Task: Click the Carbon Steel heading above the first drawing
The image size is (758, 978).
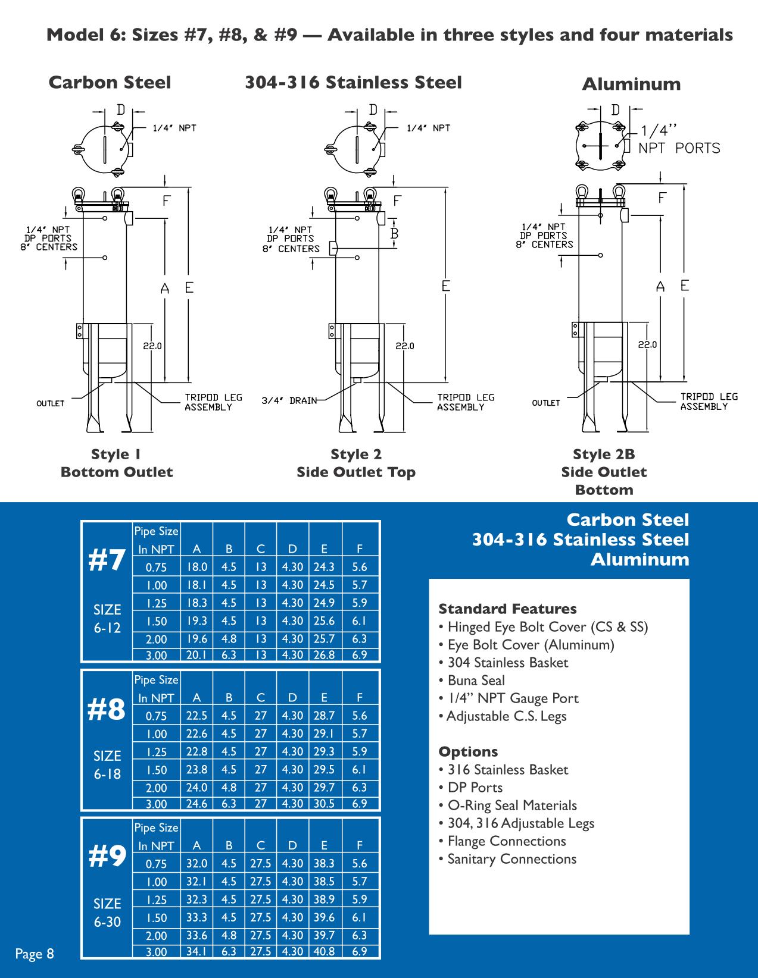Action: click(110, 82)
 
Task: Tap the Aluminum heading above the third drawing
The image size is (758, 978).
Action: click(631, 84)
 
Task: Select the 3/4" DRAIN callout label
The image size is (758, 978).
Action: click(289, 400)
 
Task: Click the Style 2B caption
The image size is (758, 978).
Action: click(604, 454)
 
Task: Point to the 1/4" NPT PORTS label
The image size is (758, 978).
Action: click(679, 140)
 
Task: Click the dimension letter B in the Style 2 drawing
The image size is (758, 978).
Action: click(394, 233)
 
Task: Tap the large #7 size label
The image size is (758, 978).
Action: click(107, 561)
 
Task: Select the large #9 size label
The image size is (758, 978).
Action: click(107, 856)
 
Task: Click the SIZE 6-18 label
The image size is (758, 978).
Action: click(107, 764)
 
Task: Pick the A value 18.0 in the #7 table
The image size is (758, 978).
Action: click(197, 567)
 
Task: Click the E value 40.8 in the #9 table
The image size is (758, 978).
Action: click(325, 951)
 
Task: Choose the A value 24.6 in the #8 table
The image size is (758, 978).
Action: click(197, 803)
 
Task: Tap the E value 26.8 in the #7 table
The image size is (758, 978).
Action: click(325, 655)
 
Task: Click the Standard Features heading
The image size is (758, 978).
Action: click(507, 609)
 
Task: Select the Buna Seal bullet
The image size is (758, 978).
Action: click(472, 680)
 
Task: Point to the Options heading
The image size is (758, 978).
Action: click(469, 751)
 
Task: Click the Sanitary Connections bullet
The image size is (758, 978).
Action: click(507, 859)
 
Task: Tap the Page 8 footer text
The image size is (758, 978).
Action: click(35, 954)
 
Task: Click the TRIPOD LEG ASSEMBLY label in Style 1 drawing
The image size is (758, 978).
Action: click(214, 402)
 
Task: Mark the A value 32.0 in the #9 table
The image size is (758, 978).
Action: click(197, 863)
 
